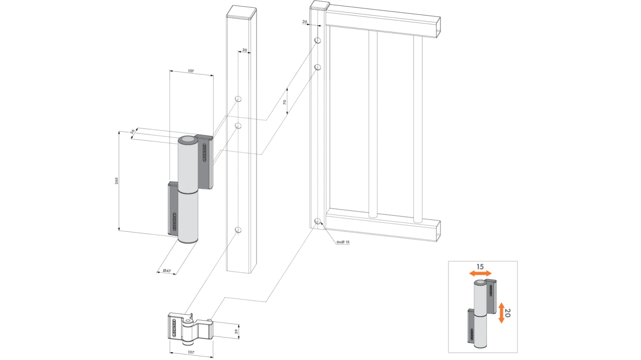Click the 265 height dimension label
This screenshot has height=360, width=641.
[116, 181]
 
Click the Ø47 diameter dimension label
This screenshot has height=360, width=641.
[167, 271]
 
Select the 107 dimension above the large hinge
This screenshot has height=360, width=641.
[191, 71]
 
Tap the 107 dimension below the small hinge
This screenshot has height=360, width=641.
[191, 352]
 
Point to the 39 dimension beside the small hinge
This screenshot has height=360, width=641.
[236, 331]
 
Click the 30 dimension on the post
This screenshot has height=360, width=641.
[244, 50]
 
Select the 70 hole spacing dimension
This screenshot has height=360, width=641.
[285, 102]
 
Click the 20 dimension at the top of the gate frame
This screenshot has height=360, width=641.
[305, 22]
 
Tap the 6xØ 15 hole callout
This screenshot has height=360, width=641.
[343, 242]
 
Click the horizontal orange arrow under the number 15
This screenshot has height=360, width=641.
[480, 274]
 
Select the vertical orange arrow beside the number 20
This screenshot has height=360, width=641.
[501, 313]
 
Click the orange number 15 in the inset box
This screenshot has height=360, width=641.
[480, 266]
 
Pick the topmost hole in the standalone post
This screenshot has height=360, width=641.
[238, 99]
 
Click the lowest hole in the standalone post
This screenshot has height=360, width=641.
[238, 230]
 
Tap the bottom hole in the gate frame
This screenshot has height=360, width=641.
[318, 221]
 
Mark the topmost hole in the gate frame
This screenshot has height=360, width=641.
[318, 40]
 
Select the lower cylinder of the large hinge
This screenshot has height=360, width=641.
[188, 217]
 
